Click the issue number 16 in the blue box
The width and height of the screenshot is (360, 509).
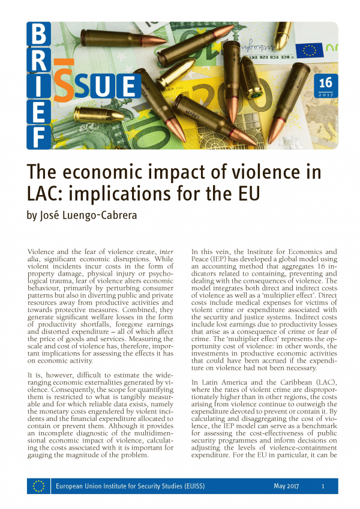pyautogui.click(x=325, y=83)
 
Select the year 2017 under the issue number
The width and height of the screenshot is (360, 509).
pyautogui.click(x=325, y=95)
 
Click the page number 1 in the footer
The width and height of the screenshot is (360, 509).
pyautogui.click(x=323, y=487)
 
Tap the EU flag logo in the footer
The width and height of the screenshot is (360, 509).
pyautogui.click(x=38, y=486)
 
